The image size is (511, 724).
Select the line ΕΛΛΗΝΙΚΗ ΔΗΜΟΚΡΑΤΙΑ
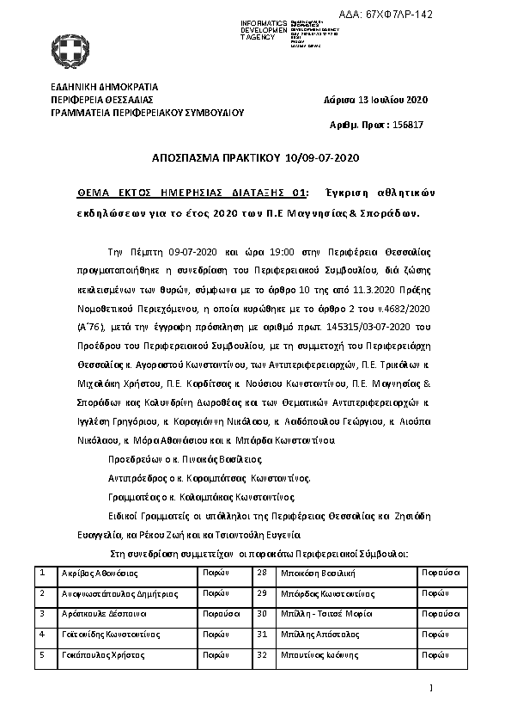coord(104,87)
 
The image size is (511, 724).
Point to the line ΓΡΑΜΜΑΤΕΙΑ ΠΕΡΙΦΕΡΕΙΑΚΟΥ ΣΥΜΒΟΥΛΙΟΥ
coord(148,112)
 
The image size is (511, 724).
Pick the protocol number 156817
coord(407,125)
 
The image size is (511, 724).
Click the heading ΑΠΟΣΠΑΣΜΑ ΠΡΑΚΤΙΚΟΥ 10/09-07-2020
coord(254,158)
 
